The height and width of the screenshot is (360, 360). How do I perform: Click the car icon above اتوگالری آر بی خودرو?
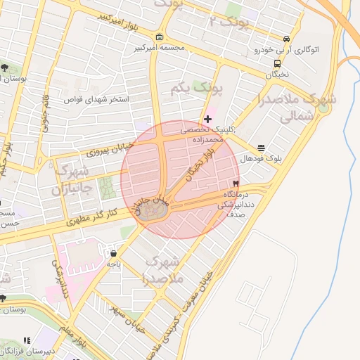click(x=286, y=39)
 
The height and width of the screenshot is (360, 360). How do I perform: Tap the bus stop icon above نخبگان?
click(x=277, y=63)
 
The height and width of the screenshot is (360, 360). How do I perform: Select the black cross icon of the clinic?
click(x=207, y=119)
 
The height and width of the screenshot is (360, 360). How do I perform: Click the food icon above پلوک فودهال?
click(x=262, y=148)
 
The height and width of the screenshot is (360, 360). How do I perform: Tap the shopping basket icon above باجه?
click(x=114, y=253)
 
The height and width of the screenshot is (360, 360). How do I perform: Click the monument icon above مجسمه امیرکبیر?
click(x=160, y=37)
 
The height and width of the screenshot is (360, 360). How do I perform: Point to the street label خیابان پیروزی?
click(x=105, y=150)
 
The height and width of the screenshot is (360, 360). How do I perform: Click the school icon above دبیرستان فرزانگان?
click(x=27, y=340)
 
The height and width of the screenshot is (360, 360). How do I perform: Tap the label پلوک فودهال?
click(x=261, y=159)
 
